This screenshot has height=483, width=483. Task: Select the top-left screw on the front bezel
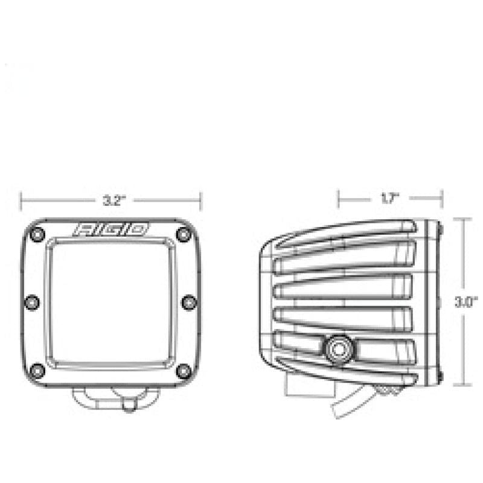click(38, 234)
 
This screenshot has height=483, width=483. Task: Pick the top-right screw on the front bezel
click(183, 234)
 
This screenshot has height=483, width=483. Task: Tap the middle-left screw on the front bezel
click(33, 301)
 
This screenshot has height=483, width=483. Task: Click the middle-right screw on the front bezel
click(188, 301)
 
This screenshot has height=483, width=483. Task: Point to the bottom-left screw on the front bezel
click(38, 369)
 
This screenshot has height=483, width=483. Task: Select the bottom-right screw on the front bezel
click(183, 369)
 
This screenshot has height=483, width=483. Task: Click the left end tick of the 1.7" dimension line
click(339, 197)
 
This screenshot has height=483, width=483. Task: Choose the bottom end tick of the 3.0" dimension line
click(463, 385)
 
